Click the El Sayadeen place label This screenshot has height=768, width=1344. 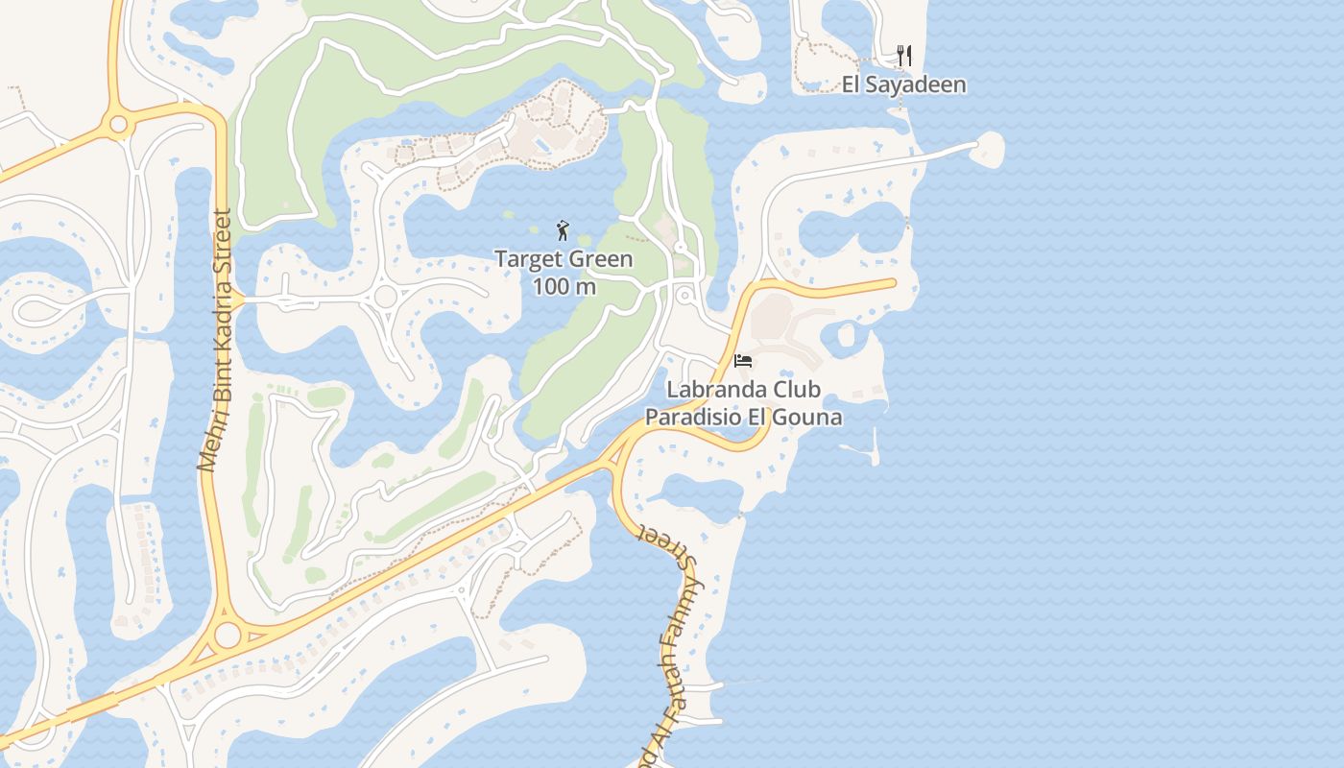tap(903, 84)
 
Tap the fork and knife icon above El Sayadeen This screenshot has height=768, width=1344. tap(903, 56)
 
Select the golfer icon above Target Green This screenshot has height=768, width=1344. tap(564, 230)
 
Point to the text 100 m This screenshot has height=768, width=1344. tap(564, 286)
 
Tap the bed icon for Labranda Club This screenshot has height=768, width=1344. tap(742, 361)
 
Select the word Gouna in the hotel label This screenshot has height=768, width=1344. tap(811, 417)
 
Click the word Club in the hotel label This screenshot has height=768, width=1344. tap(797, 390)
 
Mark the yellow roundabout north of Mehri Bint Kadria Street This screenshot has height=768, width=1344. tap(119, 124)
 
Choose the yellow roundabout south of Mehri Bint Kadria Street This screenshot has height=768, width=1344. tap(228, 635)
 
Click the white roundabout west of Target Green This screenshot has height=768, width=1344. tap(386, 297)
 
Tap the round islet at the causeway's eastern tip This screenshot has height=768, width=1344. tap(987, 149)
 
